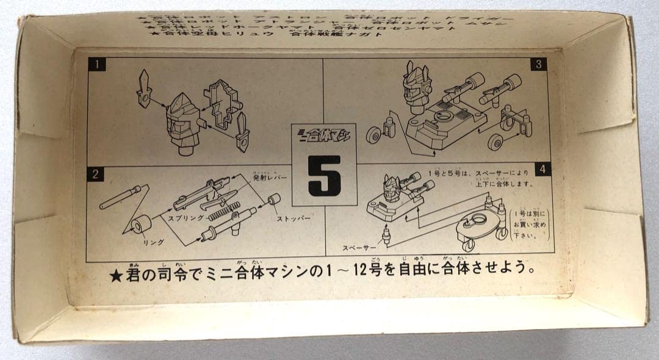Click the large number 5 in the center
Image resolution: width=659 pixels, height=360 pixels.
click(324, 176)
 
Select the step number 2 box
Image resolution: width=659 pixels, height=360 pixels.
click(95, 175)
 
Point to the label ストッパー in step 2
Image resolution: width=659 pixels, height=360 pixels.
click(293, 217)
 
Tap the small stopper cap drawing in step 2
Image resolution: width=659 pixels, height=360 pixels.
click(274, 200)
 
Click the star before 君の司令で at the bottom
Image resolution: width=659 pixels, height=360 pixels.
click(116, 276)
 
